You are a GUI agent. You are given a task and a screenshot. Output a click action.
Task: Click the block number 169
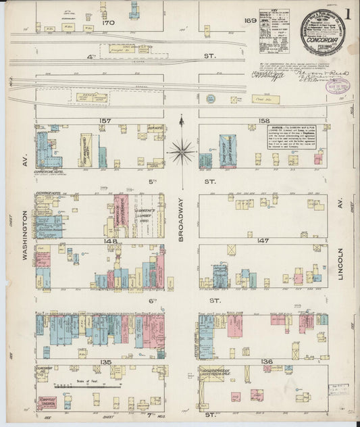250,21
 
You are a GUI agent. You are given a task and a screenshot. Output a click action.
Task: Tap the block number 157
105,121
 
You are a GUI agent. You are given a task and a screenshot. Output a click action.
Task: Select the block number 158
263,121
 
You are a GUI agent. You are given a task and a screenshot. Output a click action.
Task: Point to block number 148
110,241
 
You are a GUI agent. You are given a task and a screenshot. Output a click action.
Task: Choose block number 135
105,362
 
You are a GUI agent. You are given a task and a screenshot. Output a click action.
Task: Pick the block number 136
267,362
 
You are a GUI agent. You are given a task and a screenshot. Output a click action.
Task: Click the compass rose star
181,151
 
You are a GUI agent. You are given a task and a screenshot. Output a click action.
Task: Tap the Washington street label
25,230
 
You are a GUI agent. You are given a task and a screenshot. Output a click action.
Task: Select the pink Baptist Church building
47,403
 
